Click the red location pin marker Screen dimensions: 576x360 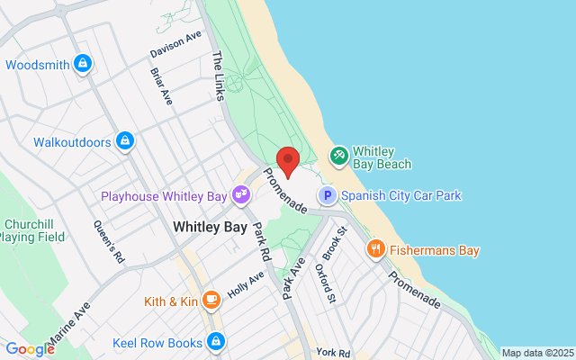point(287,160)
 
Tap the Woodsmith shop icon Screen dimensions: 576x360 point(83,64)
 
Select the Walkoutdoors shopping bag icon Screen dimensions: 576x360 point(125,141)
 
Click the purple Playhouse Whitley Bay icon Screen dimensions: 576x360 point(240,193)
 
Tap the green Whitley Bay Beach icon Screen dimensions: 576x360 point(338,157)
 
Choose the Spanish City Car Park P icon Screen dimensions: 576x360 point(328,194)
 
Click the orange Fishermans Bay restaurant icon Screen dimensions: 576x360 point(376,250)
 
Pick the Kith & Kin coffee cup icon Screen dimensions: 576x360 point(211,301)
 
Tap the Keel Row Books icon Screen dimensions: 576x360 point(215,341)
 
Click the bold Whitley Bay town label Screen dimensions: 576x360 point(209,227)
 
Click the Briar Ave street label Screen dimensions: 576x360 point(162,86)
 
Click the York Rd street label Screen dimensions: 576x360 point(332,351)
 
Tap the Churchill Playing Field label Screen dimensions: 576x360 point(32,230)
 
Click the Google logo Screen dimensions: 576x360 point(29,349)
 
